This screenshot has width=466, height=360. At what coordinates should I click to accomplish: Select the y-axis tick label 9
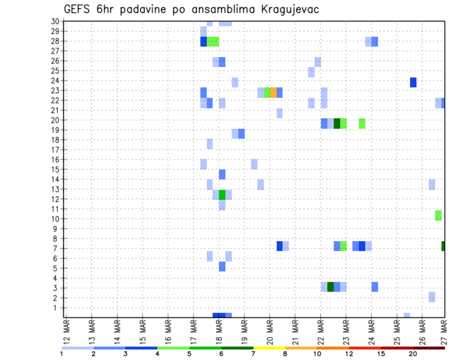tap(56, 229)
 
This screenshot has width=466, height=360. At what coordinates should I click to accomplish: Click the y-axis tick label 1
tap(56, 308)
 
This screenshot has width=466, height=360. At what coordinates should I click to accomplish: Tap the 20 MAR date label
tap(270, 332)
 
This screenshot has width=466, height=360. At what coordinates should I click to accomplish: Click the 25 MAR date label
tap(397, 332)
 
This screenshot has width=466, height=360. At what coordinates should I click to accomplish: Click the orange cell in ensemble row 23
tap(273, 93)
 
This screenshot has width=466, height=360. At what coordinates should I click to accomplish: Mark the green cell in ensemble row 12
tap(222, 195)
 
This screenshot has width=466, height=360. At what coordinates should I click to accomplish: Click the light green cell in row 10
tap(438, 216)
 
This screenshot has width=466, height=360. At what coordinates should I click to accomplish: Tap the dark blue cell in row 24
tap(413, 82)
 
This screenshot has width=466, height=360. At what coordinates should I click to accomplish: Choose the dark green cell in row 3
tap(331, 287)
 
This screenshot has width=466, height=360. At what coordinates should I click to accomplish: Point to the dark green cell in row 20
tap(337, 124)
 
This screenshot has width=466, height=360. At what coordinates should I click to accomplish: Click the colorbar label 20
tap(413, 354)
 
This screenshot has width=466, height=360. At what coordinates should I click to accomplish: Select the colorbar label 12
tap(349, 354)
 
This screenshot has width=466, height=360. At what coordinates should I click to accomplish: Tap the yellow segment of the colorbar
tap(269, 348)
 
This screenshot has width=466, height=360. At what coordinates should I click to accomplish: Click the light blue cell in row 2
tap(432, 297)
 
